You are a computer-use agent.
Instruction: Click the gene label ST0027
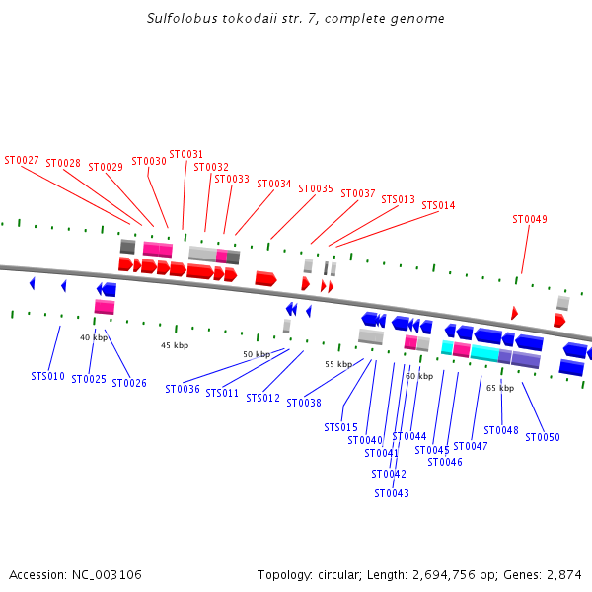[x=22, y=160]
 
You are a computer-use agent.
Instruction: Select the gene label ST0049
[x=530, y=219]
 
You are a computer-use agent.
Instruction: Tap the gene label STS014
[x=438, y=206]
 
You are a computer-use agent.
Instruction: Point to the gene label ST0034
[x=274, y=184]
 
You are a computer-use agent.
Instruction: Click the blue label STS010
[x=47, y=376]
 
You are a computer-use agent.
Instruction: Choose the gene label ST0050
[x=543, y=437]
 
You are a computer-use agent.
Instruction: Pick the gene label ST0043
[x=392, y=493]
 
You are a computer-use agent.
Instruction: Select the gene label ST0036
[x=183, y=389]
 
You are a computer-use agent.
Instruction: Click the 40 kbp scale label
[x=94, y=337]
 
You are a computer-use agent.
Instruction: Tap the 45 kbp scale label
[x=175, y=345]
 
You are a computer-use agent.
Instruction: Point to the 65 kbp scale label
[x=500, y=388]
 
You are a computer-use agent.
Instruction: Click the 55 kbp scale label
[x=338, y=364]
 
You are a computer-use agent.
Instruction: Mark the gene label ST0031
[x=186, y=154]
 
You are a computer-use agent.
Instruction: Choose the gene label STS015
[x=341, y=427]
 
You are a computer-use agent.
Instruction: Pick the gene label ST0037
[x=358, y=194]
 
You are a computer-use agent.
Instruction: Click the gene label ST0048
[x=501, y=430]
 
